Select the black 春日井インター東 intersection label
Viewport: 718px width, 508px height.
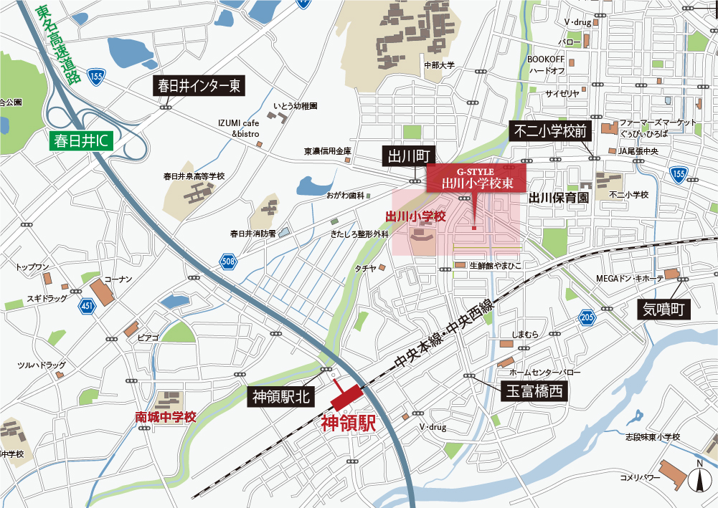[x=200, y=87]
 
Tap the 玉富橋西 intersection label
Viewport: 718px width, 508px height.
[x=534, y=391]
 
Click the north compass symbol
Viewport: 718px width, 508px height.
[x=696, y=479]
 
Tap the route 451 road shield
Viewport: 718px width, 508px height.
[x=88, y=307]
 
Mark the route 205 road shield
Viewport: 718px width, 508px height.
[x=587, y=317]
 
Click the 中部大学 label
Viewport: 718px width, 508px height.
[x=439, y=65]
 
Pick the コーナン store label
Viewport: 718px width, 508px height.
[x=118, y=279]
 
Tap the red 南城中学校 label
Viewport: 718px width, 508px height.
[x=166, y=416]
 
